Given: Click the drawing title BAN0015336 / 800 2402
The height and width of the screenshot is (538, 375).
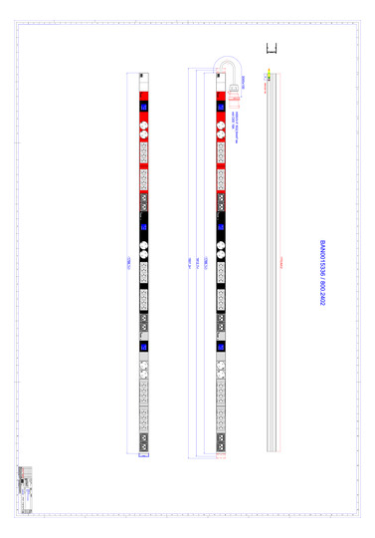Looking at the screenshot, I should pyautogui.click(x=322, y=272).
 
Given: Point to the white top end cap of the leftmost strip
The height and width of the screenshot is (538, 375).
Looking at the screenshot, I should pyautogui.click(x=142, y=75).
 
